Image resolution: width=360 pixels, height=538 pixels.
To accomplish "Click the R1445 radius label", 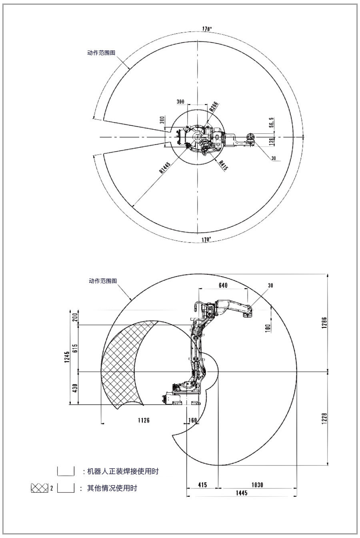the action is click(x=165, y=168).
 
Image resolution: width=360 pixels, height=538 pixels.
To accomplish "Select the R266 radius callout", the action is click(x=214, y=106).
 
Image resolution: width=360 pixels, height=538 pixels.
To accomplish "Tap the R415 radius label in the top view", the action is click(x=223, y=165).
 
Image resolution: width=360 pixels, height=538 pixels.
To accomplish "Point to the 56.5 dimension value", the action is click(x=272, y=122).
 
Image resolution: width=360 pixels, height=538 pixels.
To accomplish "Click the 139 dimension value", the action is click(x=272, y=141).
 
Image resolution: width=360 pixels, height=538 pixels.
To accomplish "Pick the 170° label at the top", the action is click(x=207, y=29).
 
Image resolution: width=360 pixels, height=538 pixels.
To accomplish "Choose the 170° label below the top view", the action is click(x=206, y=239).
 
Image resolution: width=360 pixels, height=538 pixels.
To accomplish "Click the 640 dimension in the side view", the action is click(x=223, y=285).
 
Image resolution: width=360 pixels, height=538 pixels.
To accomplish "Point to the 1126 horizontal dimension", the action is click(x=144, y=420).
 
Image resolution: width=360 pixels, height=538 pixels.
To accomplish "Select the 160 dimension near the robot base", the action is click(x=192, y=420).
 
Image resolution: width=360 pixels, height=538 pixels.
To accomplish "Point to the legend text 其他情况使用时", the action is click(x=112, y=488).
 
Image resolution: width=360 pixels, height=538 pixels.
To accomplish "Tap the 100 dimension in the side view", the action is click(x=268, y=328).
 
